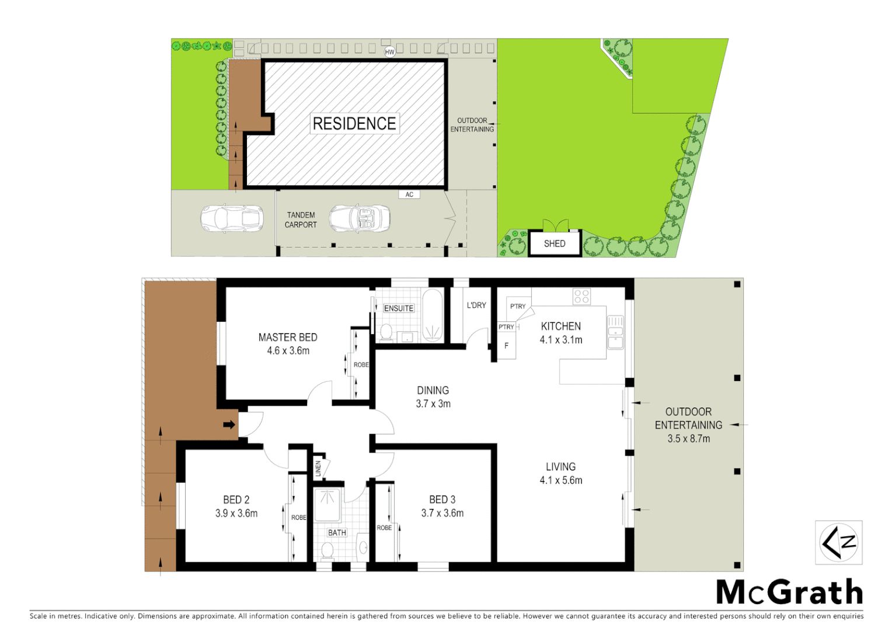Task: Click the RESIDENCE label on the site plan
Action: (354, 123)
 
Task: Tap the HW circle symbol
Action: (389, 52)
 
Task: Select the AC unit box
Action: (409, 195)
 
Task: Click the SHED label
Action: (555, 244)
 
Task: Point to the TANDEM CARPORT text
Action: (301, 220)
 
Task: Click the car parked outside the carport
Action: (232, 219)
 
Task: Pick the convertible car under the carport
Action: (360, 219)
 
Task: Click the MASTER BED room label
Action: (288, 337)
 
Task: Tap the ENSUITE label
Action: (399, 308)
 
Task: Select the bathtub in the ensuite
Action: (433, 315)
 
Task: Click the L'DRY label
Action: (476, 305)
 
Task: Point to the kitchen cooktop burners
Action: (581, 297)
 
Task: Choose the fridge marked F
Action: (506, 346)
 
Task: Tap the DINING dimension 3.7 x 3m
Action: (433, 404)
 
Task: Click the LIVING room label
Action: (560, 467)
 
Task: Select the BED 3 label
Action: (442, 500)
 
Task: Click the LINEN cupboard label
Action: (318, 469)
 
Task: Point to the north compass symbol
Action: (839, 543)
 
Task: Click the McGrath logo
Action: (789, 592)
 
